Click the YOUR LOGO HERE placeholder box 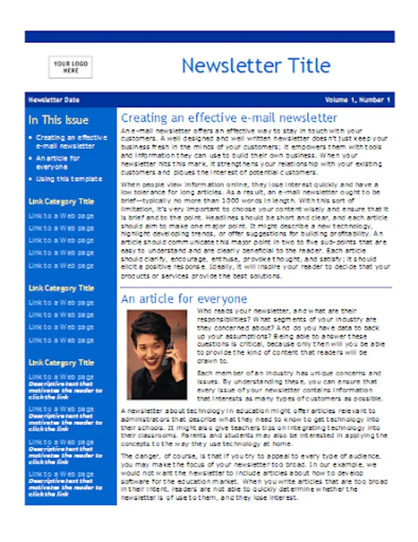click(70, 67)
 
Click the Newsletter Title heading click(256, 65)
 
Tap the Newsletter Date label click(54, 100)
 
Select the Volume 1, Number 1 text click(358, 100)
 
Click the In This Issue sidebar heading click(58, 120)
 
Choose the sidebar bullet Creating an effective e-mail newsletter click(71, 142)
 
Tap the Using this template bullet click(69, 179)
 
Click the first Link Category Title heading click(61, 202)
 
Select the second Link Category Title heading click(61, 288)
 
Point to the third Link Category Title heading click(61, 363)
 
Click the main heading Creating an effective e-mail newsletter click(229, 118)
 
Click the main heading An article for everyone click(184, 299)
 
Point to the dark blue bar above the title click(209, 37)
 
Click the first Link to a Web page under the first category click(61, 216)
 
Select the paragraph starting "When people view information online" click(255, 230)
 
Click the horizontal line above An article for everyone click(256, 288)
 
